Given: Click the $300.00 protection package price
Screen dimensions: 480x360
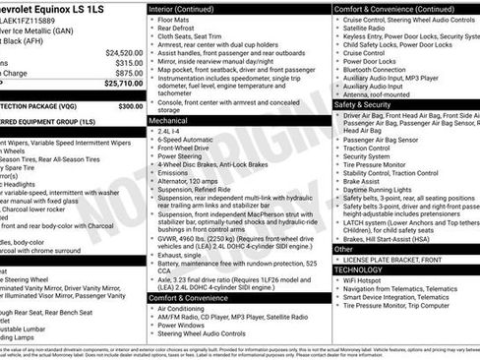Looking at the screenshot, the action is click(130, 105).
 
